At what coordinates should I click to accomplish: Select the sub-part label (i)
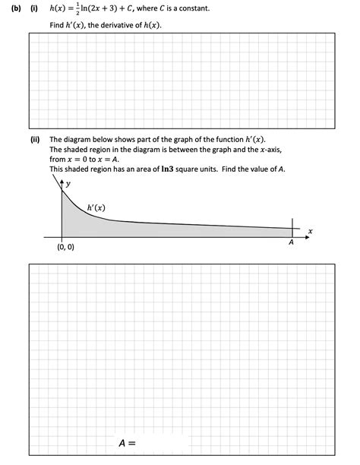[x=33, y=8]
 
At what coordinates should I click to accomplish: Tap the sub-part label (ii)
[x=34, y=140]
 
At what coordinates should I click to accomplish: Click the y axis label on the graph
[x=67, y=184]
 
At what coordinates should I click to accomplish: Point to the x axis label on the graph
[x=310, y=230]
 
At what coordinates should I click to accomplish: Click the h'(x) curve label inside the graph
[x=96, y=207]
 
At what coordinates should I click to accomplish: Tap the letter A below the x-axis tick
[x=291, y=242]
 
